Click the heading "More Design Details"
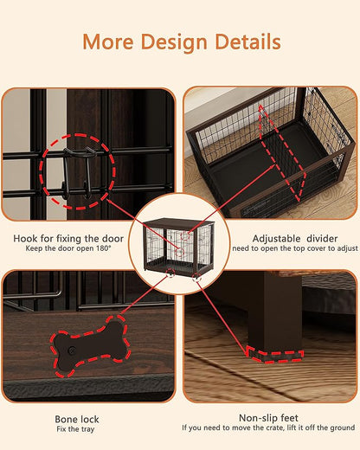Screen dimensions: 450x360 180,42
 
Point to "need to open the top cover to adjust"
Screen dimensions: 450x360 293,249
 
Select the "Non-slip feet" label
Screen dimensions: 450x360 269,417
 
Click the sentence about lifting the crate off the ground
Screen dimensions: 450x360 269,428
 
